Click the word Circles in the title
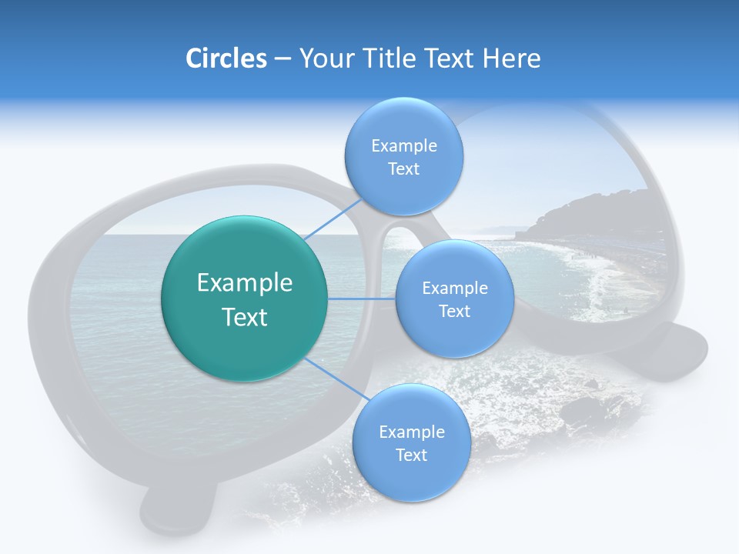coord(226,58)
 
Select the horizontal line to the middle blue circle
coord(362,299)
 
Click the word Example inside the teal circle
coord(245,282)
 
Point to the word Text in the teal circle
coord(245,317)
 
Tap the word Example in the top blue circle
coord(403,145)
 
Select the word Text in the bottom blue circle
coord(411,455)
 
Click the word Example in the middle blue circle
coord(454,288)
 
